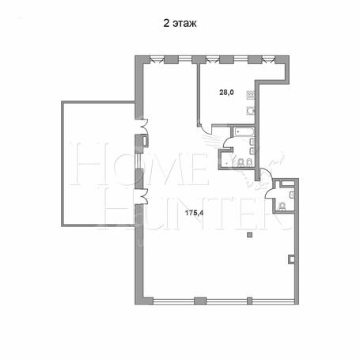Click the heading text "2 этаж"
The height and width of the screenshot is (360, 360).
(180, 23)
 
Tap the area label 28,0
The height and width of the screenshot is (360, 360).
(227, 93)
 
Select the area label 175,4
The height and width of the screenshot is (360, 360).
(195, 213)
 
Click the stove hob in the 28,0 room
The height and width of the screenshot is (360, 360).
(251, 95)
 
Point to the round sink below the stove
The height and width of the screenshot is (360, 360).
(251, 111)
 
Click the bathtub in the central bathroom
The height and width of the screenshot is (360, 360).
(243, 132)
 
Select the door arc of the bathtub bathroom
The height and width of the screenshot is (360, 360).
(227, 143)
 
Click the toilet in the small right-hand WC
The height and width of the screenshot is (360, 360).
(282, 207)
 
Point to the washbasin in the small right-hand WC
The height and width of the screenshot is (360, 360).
(292, 195)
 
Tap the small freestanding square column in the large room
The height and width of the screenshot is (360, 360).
(249, 235)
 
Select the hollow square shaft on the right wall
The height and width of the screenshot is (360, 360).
(292, 259)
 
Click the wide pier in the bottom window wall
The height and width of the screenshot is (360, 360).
(200, 301)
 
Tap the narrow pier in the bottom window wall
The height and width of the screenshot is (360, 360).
(249, 301)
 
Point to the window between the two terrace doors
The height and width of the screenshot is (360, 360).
(138, 161)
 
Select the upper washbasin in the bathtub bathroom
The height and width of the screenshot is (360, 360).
(252, 142)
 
